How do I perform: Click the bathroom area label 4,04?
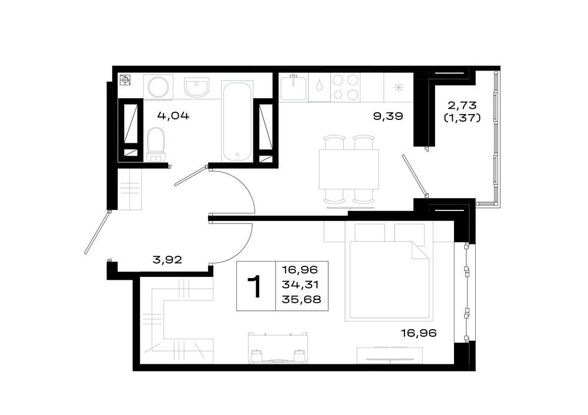173,115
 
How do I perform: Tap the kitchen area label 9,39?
388,116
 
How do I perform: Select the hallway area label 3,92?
167,259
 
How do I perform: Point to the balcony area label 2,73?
462,105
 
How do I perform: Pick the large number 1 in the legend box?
256,286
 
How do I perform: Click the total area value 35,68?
302,300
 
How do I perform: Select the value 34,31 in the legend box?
300,285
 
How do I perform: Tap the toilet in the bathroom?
156,145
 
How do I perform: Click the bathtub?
236,121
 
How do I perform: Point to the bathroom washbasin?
196,88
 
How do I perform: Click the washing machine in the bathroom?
158,88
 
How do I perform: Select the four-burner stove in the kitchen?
345,88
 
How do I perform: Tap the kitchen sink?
293,87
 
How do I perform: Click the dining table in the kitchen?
349,169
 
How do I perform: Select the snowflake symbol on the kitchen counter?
398,88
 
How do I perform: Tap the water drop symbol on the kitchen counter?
319,85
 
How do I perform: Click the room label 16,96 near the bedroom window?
419,333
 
